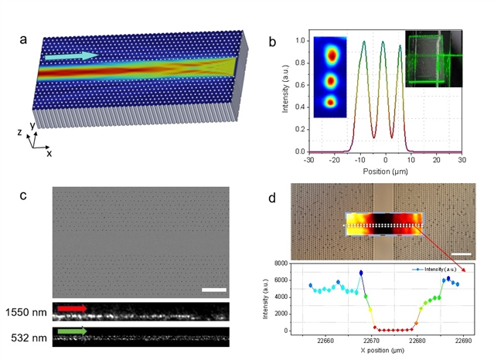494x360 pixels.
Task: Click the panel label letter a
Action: (x=23, y=40)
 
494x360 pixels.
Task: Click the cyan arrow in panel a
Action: (x=72, y=56)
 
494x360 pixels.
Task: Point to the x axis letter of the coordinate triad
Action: (x=49, y=154)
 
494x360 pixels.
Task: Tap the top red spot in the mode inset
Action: (x=332, y=56)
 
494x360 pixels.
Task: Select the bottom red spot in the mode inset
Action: (x=330, y=102)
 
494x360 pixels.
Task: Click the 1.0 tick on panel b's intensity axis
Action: (x=301, y=41)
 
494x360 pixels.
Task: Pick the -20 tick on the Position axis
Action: (x=334, y=160)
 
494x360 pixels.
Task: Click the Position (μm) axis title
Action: (x=385, y=172)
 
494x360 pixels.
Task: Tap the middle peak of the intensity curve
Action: (x=383, y=42)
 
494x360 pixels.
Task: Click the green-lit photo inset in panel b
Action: (x=434, y=59)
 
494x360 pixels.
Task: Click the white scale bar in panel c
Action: (x=214, y=290)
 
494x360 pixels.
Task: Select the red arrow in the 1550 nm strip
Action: (x=72, y=308)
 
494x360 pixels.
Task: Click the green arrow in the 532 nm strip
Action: (x=72, y=331)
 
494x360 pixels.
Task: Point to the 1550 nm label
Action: (x=26, y=312)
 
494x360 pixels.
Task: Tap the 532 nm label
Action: (x=29, y=338)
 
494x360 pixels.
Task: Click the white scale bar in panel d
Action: (x=462, y=254)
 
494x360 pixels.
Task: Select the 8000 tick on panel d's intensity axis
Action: (x=281, y=263)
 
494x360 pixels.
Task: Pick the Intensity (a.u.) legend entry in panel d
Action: (x=434, y=270)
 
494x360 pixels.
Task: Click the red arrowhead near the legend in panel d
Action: (x=463, y=270)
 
